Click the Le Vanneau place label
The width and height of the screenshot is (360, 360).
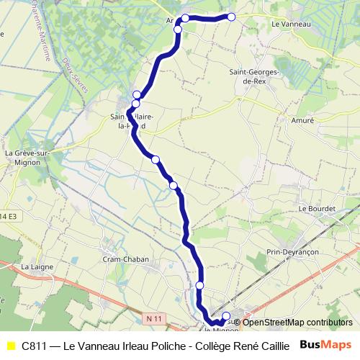tap(291, 24)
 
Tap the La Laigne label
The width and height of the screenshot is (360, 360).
tap(34, 266)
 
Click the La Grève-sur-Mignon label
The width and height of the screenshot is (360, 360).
tap(27, 158)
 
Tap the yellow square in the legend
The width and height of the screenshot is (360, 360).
tap(10, 346)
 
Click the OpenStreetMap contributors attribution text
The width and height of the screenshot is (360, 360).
tap(296, 323)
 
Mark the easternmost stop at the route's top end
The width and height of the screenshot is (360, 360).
tap(232, 17)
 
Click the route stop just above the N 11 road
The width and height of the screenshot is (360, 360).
tap(199, 286)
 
